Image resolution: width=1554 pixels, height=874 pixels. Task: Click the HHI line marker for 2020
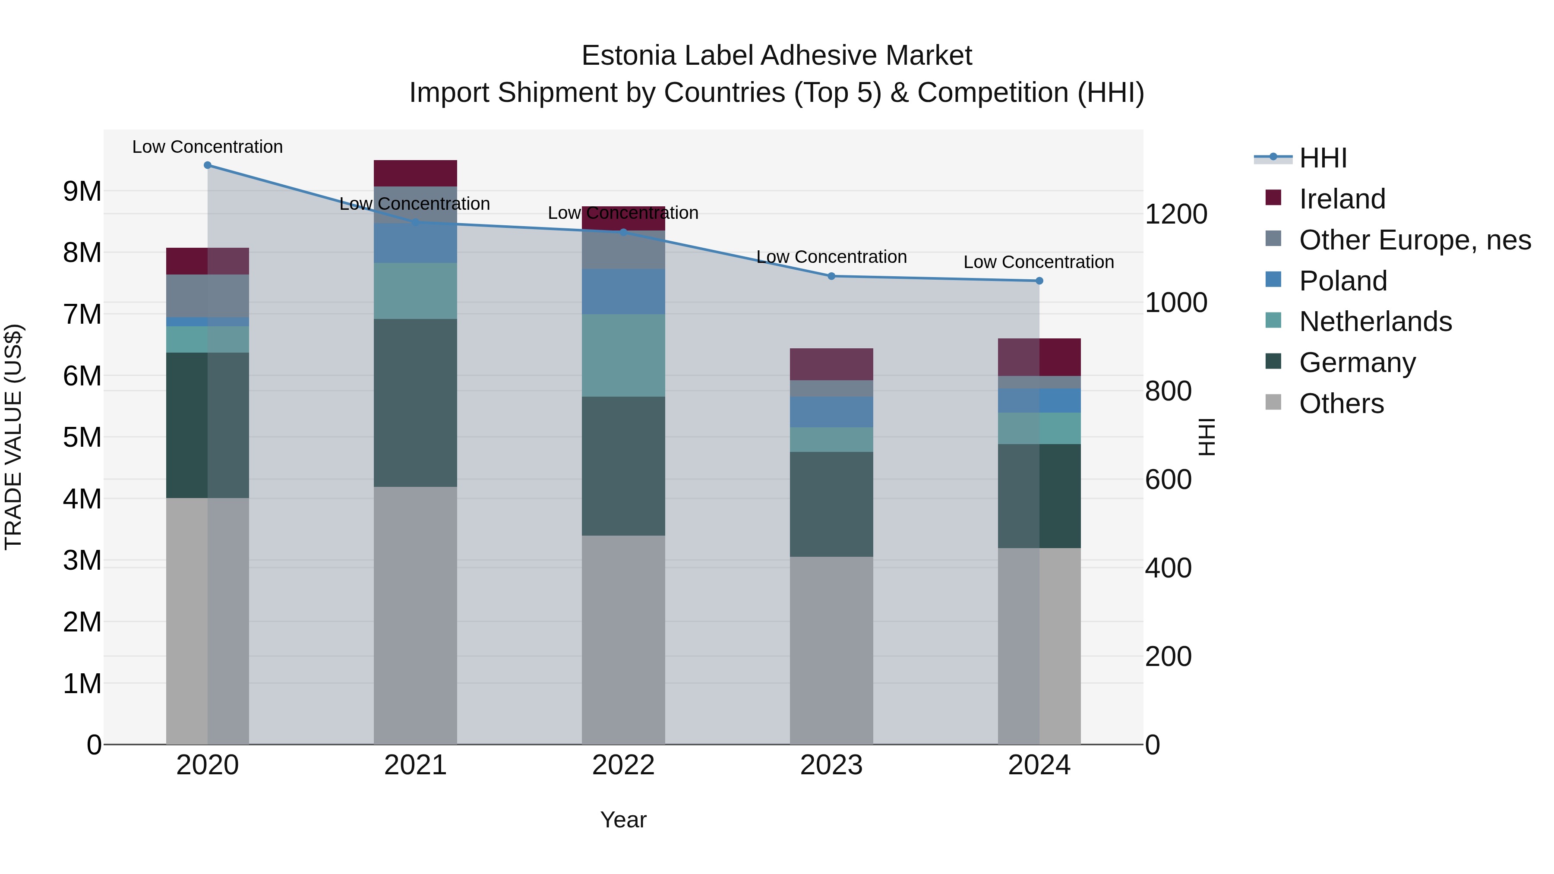[x=208, y=165]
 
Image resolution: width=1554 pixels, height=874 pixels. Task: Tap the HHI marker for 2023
[x=831, y=276]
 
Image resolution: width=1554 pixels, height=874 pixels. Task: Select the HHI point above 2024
[x=1039, y=281]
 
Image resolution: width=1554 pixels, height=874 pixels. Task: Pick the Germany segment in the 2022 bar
[x=623, y=466]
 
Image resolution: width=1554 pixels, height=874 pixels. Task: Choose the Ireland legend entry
[x=1342, y=199]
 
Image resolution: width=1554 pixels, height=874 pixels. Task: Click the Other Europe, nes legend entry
[x=1414, y=240]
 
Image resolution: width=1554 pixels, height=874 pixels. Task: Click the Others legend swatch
[x=1273, y=402]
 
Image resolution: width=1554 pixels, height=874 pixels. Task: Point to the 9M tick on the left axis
[x=82, y=191]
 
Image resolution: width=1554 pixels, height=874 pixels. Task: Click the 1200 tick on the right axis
[x=1175, y=214]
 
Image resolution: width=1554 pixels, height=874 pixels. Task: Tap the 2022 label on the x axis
[x=623, y=765]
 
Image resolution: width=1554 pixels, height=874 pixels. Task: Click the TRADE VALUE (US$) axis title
[x=13, y=437]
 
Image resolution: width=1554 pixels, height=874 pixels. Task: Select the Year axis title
[x=623, y=820]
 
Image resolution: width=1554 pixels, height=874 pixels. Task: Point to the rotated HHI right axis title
[x=1206, y=437]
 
